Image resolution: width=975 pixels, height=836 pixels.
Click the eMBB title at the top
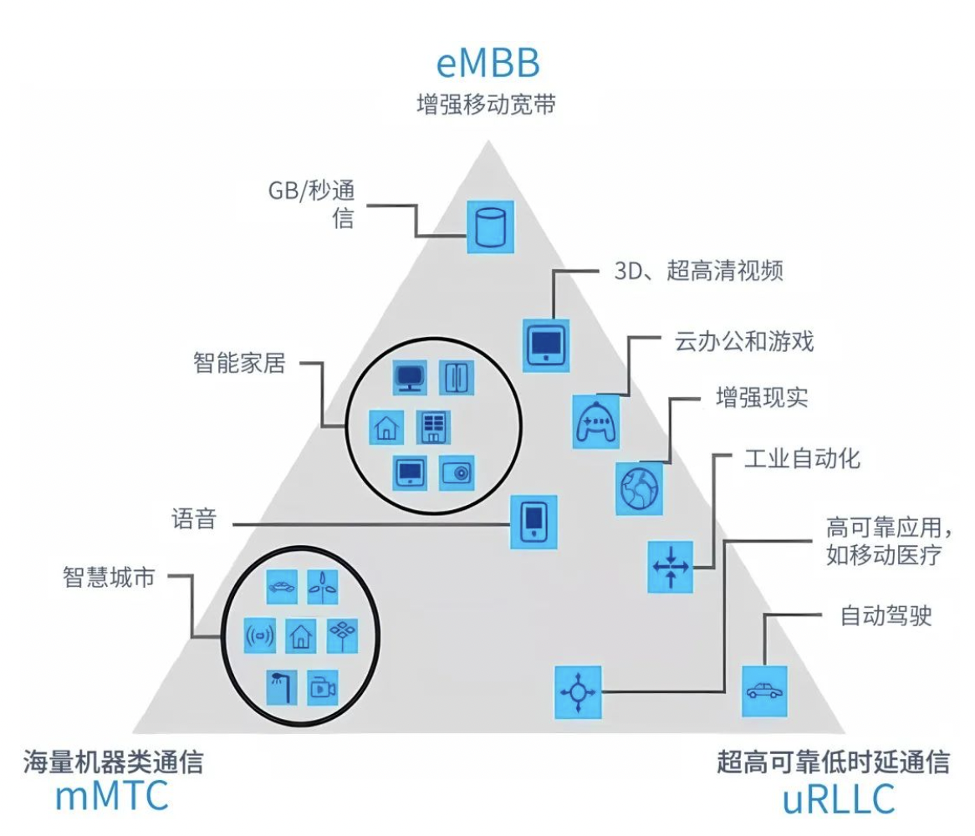[x=487, y=64]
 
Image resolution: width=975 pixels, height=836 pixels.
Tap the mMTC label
[x=112, y=796]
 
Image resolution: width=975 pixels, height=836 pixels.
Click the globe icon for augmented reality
[x=640, y=487]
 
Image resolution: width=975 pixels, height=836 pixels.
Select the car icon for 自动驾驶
[x=764, y=691]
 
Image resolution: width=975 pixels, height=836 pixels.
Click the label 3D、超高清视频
[x=693, y=272]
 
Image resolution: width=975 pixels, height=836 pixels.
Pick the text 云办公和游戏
[x=743, y=342]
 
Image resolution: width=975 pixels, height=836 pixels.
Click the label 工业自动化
[x=801, y=458]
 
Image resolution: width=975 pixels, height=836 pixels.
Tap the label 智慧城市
[x=109, y=577]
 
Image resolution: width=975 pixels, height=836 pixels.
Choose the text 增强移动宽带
[x=486, y=105]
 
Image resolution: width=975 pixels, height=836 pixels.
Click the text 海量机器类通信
[x=113, y=762]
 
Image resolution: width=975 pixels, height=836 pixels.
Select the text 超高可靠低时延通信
[x=833, y=762]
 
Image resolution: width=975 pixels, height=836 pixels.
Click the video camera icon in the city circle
[x=321, y=687]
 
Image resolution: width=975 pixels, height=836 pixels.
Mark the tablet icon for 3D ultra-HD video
[x=547, y=344]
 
